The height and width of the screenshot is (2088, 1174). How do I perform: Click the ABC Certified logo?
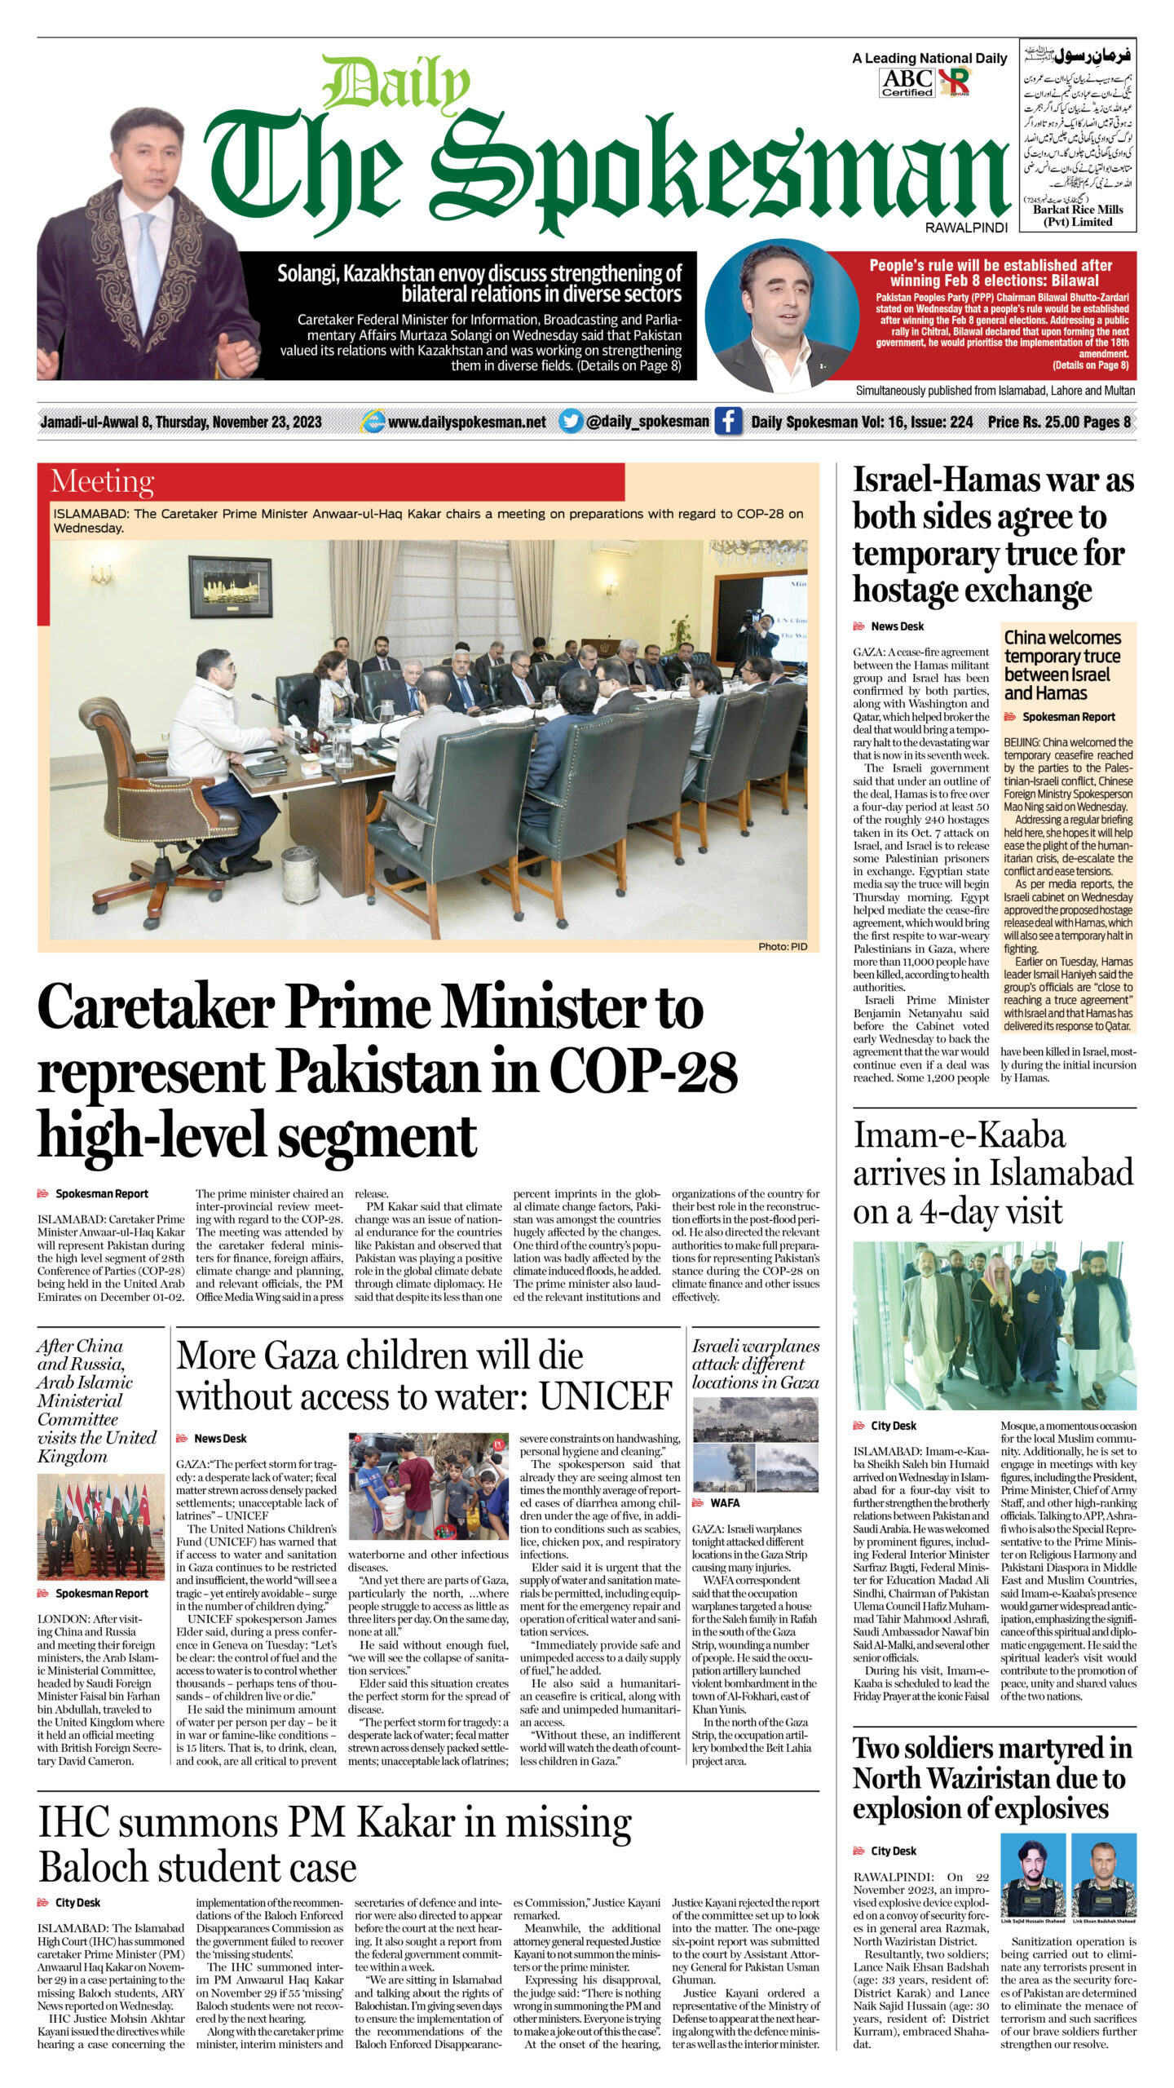click(x=908, y=82)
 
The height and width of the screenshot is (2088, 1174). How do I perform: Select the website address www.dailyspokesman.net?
click(x=467, y=422)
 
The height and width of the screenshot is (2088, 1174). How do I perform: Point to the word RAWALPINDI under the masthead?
click(x=966, y=228)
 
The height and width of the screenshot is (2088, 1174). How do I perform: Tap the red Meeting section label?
click(x=103, y=481)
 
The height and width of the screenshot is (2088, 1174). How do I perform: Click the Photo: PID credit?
click(x=782, y=947)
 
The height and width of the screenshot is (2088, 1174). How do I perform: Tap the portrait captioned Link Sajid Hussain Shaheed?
click(x=1033, y=1869)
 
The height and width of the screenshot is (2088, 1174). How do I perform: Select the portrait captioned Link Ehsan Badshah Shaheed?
click(x=1103, y=1869)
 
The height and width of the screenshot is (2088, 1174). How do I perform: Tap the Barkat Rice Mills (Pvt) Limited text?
click(x=1078, y=215)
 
